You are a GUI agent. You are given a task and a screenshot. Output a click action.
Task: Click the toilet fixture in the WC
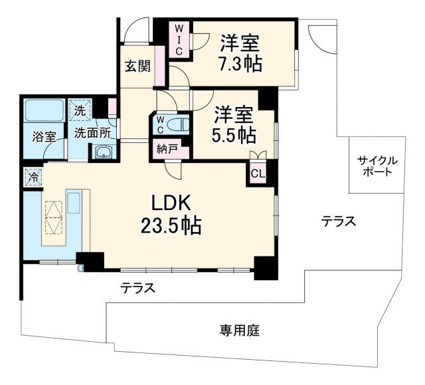176,124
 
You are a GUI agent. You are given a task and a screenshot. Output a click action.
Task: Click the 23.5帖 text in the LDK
171,226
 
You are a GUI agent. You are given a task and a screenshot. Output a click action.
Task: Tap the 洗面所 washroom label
92,132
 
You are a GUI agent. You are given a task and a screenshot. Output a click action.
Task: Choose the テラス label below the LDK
138,288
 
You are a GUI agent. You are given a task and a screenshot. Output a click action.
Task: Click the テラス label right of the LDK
338,221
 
